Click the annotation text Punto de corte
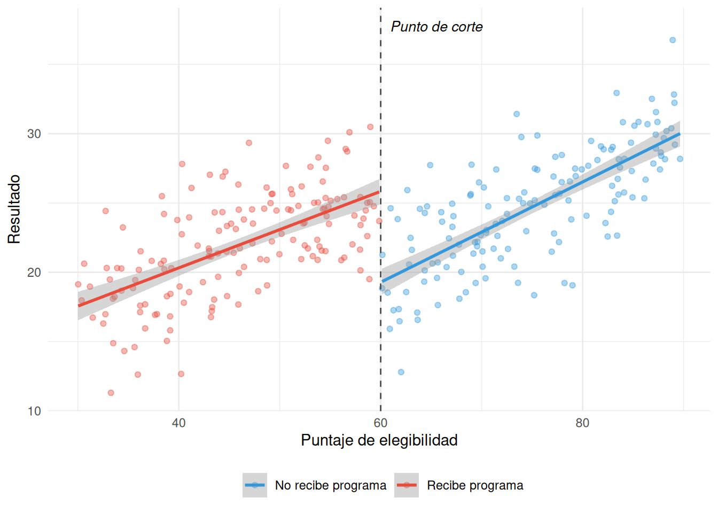[x=436, y=27]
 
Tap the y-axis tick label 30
[x=34, y=134]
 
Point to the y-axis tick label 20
[x=34, y=273]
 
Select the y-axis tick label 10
[x=34, y=411]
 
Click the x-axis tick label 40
[x=178, y=423]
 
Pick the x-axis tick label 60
[x=380, y=423]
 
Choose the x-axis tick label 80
[x=582, y=423]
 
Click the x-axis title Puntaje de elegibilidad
[x=379, y=440]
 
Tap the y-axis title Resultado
[x=14, y=209]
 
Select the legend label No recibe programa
[x=330, y=485]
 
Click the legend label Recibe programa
[x=475, y=485]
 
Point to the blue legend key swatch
[x=255, y=485]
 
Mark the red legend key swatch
[x=407, y=485]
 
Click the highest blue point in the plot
[x=673, y=40]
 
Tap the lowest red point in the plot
[x=111, y=393]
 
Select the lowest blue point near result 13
[x=401, y=372]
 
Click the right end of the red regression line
[x=379, y=192]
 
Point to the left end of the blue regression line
[x=383, y=281]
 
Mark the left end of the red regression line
[x=79, y=306]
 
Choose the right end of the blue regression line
[x=680, y=134]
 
